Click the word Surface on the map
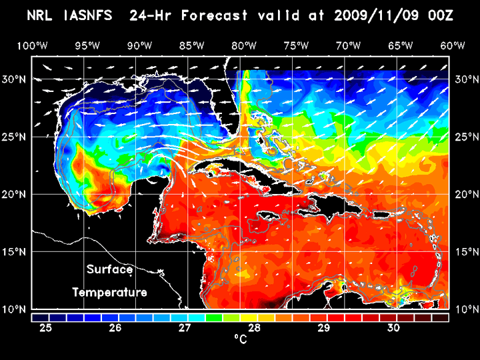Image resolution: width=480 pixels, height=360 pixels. point(109,270)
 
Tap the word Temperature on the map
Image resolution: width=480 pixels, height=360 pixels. point(109,292)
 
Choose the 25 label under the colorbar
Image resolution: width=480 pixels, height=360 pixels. point(46,328)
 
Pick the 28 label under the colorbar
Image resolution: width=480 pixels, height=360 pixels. point(255,328)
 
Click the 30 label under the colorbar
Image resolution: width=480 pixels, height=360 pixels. point(393,328)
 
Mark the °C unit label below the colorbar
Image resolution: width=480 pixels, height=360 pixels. point(240,340)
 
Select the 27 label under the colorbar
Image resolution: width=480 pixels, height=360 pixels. point(185,328)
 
